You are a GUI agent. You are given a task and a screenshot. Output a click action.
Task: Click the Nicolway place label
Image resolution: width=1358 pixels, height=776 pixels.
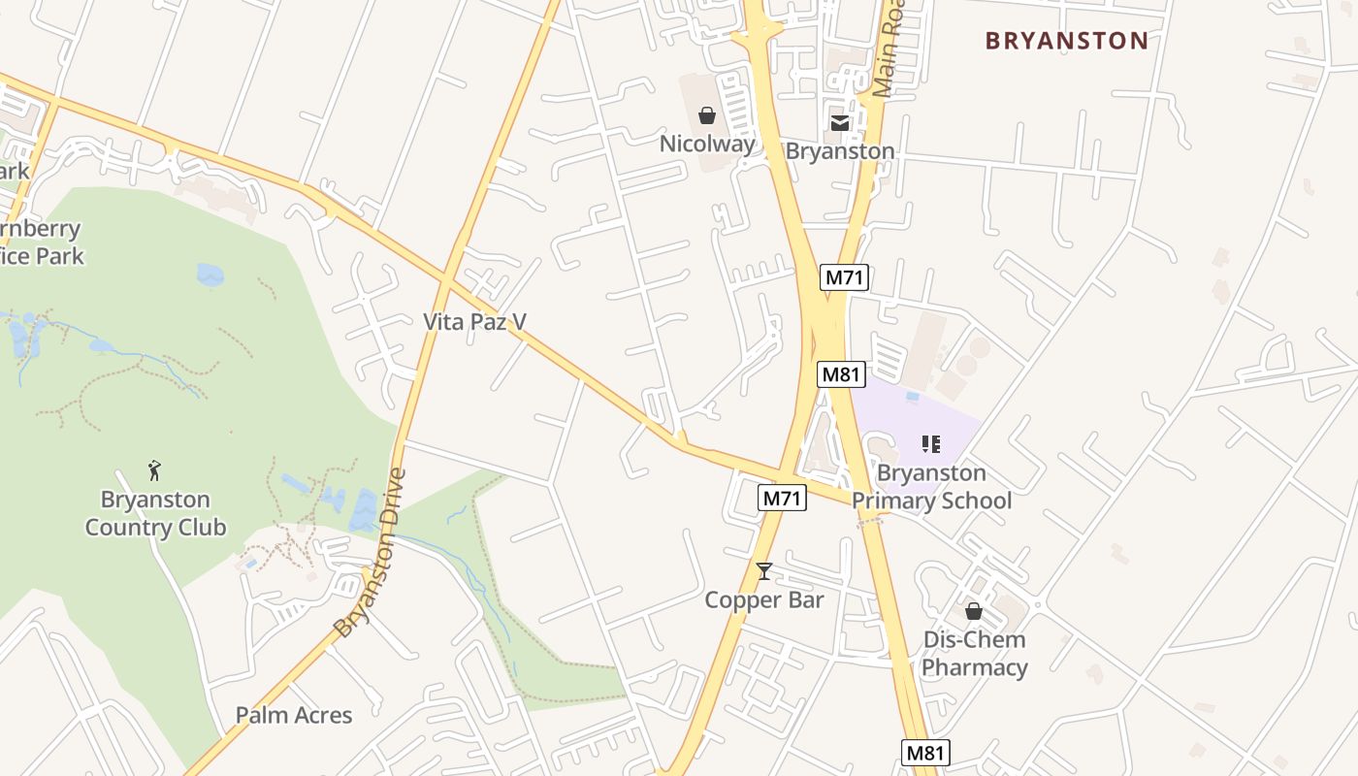(x=707, y=145)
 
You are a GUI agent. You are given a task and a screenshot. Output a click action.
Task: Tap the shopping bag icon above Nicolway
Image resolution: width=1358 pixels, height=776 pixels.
(x=707, y=116)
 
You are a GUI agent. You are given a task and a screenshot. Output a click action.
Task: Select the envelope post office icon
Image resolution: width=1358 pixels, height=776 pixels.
(x=840, y=122)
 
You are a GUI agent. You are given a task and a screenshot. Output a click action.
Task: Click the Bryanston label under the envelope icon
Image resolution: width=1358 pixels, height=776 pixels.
(x=840, y=151)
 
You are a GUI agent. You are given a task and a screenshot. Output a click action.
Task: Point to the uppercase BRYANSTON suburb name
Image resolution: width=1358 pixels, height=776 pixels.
(x=1067, y=41)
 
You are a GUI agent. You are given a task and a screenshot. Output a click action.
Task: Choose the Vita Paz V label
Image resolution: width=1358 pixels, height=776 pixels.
(x=474, y=321)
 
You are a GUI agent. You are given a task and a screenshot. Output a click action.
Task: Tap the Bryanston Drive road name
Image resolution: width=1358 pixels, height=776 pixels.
(x=370, y=554)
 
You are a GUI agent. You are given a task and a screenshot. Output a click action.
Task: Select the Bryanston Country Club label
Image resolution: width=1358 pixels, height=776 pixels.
(x=155, y=513)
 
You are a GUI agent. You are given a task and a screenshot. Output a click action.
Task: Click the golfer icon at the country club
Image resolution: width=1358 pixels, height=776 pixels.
(x=154, y=471)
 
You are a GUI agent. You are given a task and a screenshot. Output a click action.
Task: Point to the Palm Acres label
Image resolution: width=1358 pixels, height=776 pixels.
(x=294, y=715)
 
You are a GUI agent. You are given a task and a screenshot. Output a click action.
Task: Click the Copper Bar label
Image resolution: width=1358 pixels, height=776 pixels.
(x=764, y=599)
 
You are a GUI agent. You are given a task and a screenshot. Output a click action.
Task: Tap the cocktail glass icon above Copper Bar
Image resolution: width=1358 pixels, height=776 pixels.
(x=764, y=571)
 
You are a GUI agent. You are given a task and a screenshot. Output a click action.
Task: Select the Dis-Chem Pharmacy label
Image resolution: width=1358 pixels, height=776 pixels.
(x=974, y=653)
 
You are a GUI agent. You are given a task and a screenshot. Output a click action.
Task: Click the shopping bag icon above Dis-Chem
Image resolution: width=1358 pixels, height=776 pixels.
(x=974, y=611)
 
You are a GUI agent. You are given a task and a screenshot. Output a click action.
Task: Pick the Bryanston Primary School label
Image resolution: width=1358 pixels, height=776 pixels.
(x=931, y=487)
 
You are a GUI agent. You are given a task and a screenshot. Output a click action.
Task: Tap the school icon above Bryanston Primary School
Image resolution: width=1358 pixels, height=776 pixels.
(x=931, y=444)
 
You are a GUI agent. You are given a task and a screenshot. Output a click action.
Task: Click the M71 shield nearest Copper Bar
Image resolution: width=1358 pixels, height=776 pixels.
(x=782, y=498)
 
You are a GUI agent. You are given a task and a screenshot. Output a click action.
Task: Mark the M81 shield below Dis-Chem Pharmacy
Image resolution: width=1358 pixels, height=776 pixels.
(x=925, y=752)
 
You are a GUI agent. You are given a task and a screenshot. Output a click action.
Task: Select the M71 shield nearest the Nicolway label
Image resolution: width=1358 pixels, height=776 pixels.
(x=843, y=277)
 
